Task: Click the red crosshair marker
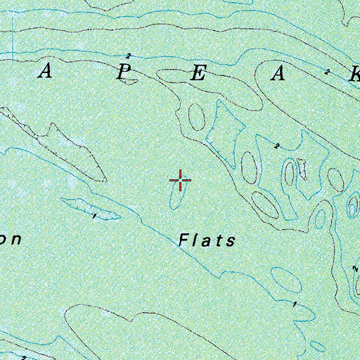[x=181, y=181]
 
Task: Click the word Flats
[x=207, y=240]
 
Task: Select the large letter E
[x=198, y=75]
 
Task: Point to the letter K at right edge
[x=354, y=77]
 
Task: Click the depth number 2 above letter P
[x=128, y=56]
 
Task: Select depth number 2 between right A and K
[x=327, y=72]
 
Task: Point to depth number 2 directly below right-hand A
[x=277, y=146]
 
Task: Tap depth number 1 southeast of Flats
[x=294, y=304]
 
